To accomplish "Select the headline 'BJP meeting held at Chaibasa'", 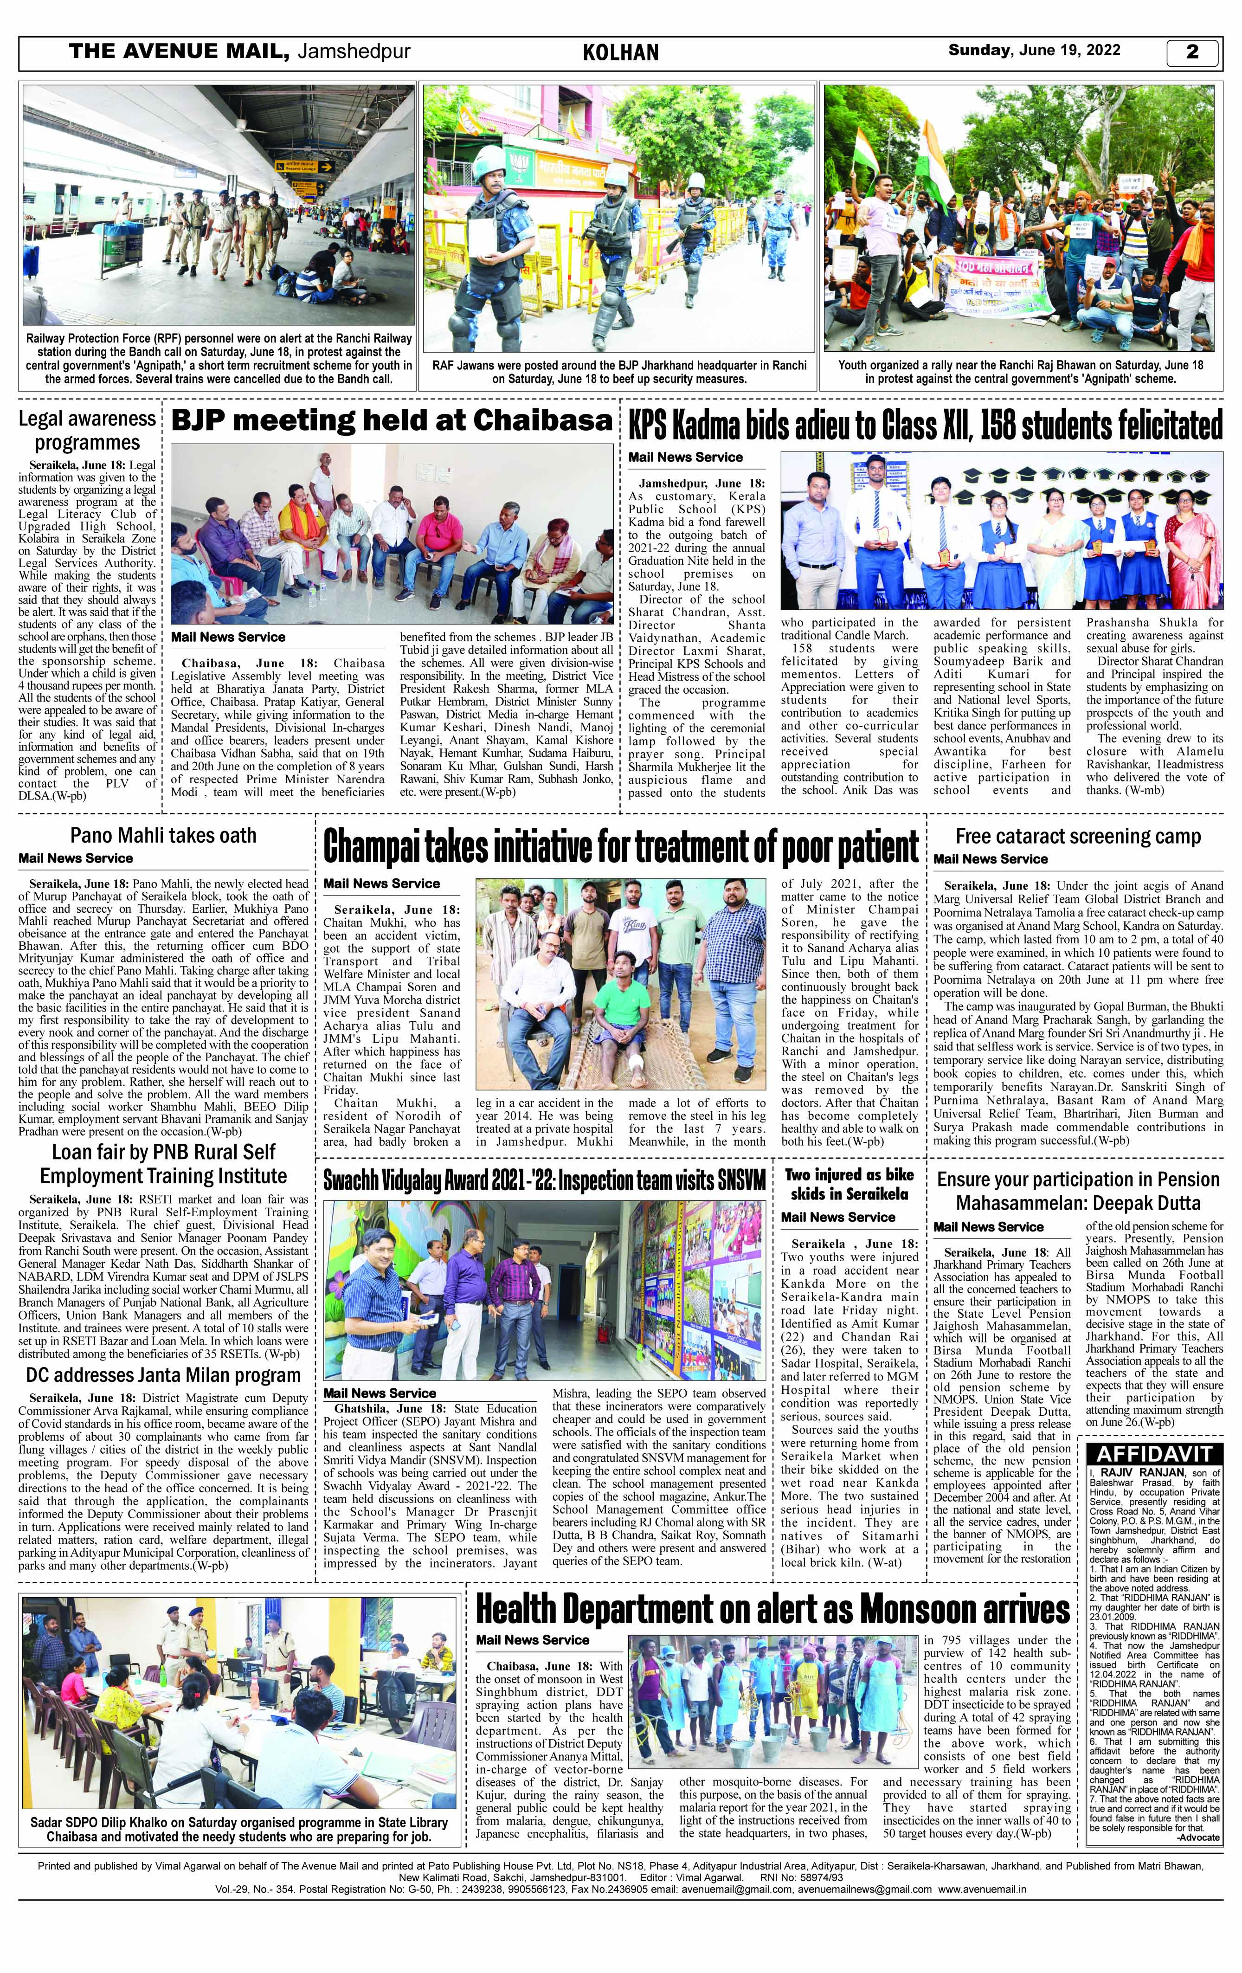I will click(392, 421).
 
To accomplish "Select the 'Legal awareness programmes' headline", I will click(87, 431).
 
